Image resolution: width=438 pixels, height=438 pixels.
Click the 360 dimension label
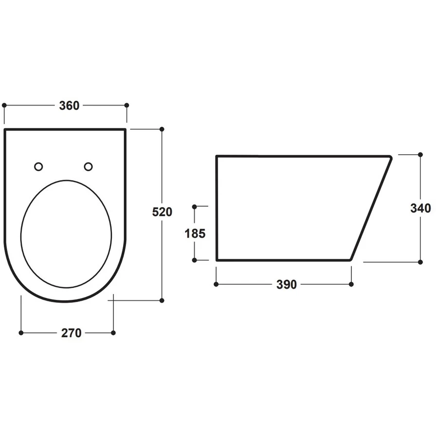point(69,106)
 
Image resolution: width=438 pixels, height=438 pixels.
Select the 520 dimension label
point(163,212)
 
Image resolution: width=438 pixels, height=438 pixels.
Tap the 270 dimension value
point(71,333)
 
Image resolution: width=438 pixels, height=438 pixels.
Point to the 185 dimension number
point(195,233)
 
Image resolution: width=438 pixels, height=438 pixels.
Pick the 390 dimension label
point(286,285)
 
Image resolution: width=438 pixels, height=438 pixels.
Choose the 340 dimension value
point(420,208)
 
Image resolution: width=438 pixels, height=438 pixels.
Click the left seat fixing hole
point(38,167)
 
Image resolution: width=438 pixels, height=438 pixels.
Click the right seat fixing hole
point(88,167)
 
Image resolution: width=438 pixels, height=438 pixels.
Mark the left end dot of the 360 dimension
point(4,105)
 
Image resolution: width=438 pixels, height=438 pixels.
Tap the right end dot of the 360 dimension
point(127,105)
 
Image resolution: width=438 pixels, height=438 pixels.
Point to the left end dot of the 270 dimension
point(21,333)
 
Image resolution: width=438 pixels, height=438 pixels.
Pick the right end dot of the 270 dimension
point(113,333)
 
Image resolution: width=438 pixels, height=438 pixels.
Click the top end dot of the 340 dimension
point(420,155)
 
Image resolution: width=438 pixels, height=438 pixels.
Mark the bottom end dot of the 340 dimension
point(420,262)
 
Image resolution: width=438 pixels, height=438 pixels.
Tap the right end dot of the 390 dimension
point(351,284)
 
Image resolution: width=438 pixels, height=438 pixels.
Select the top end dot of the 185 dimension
point(195,206)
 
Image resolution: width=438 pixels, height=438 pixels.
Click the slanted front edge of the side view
point(371,208)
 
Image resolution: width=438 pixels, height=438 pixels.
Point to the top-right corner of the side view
point(390,157)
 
